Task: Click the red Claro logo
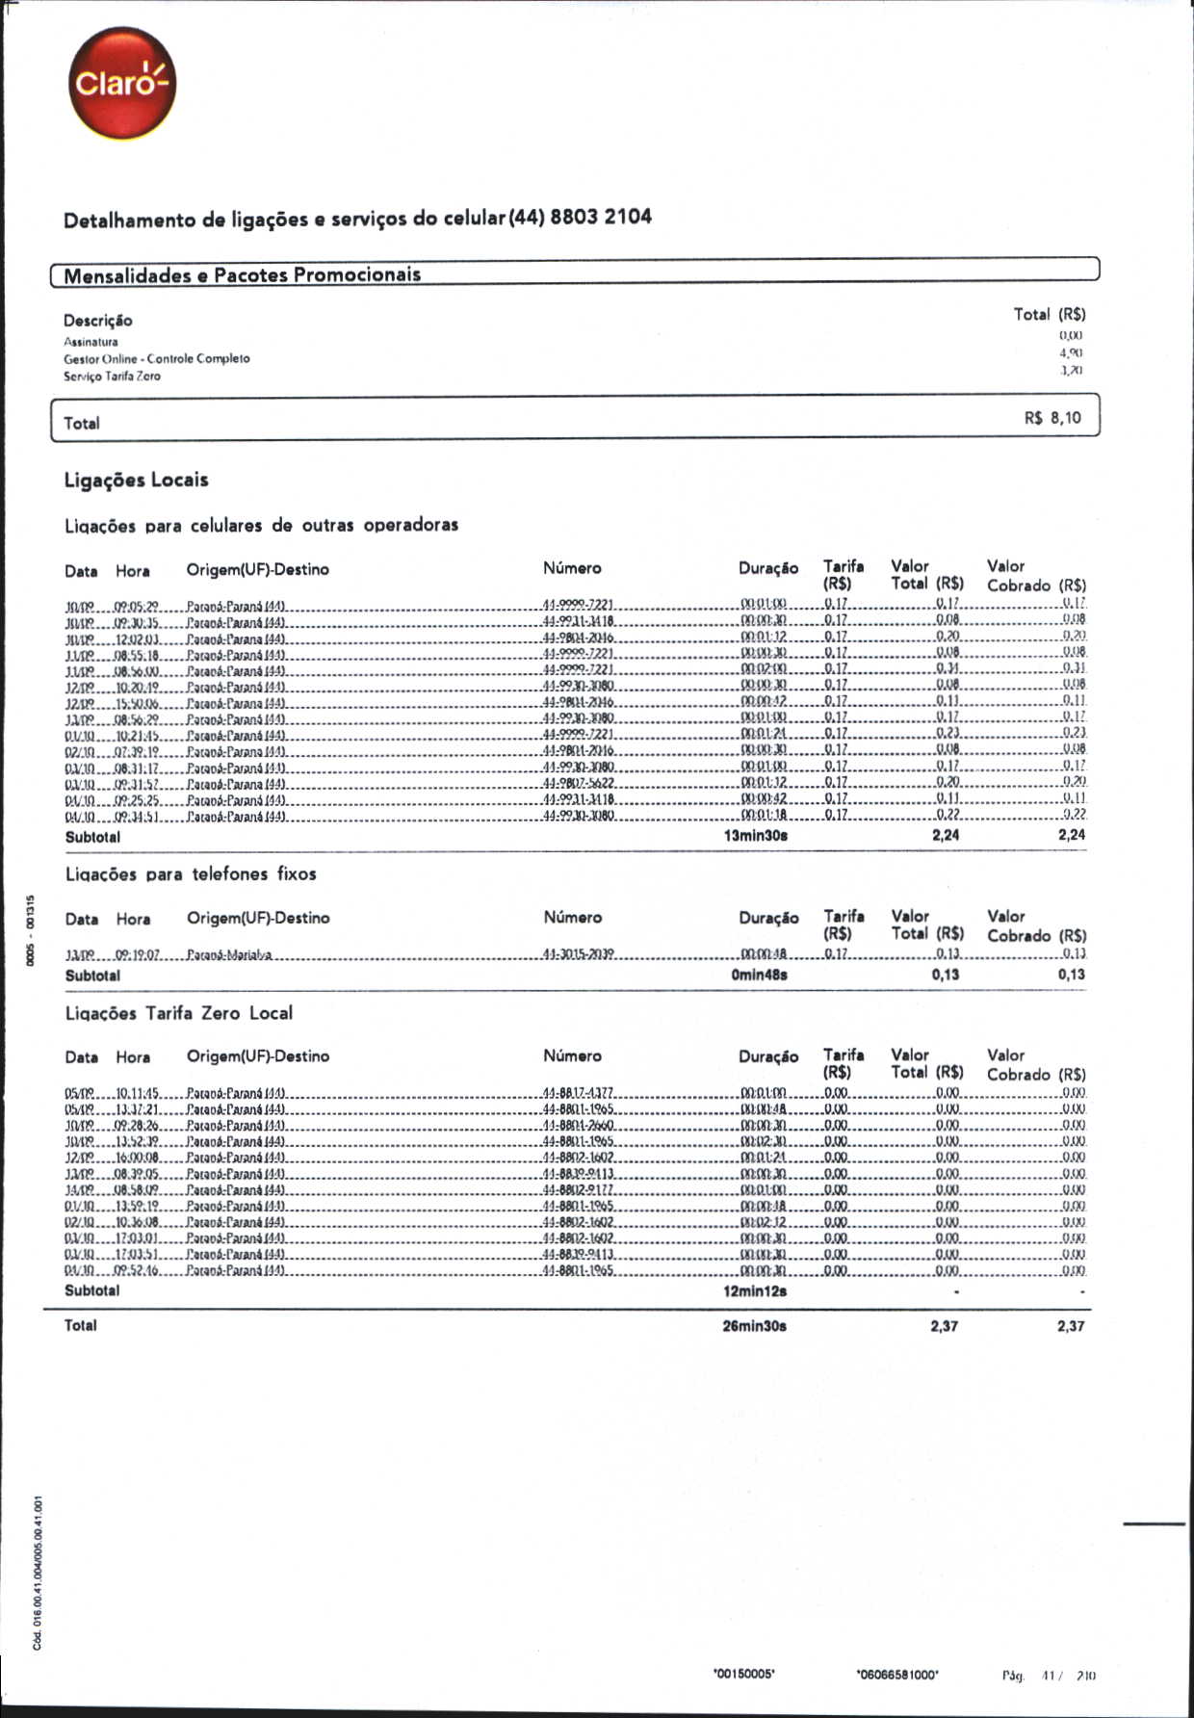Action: tap(122, 83)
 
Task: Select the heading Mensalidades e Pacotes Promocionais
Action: tap(243, 275)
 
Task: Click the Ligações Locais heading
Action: tap(136, 480)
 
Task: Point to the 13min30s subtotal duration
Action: tap(756, 836)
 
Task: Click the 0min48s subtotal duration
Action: tap(759, 975)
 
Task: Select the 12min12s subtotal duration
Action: tap(755, 1290)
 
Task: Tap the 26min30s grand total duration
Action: tap(755, 1326)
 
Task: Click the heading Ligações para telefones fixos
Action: tap(191, 874)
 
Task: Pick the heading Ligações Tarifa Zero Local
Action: tap(179, 1013)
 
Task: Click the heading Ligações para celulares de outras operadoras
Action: tap(261, 526)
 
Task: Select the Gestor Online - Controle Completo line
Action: tap(157, 358)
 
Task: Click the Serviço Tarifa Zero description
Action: tap(112, 377)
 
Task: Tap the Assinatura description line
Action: tap(91, 342)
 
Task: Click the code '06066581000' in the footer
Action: tap(896, 1675)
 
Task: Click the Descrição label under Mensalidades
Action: tap(98, 321)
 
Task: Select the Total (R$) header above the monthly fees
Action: tap(1050, 314)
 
